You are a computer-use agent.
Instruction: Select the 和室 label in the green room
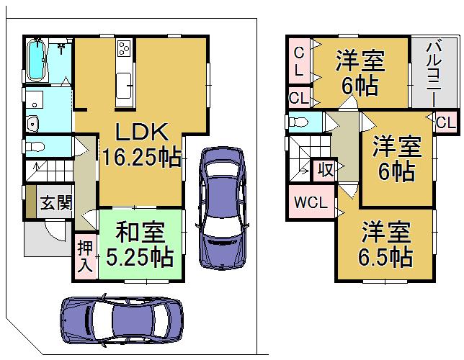click(140, 233)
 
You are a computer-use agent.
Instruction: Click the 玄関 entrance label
click(55, 203)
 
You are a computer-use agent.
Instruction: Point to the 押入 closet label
click(85, 256)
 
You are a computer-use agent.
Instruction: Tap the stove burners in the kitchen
click(124, 48)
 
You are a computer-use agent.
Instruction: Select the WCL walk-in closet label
click(310, 203)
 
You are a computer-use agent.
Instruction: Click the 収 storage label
click(326, 170)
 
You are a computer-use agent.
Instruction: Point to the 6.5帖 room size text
click(385, 256)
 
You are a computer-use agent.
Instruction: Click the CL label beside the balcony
click(445, 122)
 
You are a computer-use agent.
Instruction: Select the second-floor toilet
click(298, 122)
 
